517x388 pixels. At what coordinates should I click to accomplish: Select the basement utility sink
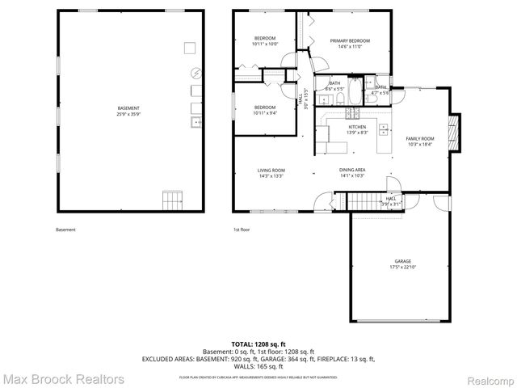pyautogui.click(x=195, y=122)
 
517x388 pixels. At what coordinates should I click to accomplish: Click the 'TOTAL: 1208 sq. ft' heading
pyautogui.click(x=258, y=344)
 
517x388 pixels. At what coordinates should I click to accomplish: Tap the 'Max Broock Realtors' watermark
pyautogui.click(x=63, y=378)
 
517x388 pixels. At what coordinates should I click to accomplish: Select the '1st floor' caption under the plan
pyautogui.click(x=242, y=230)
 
